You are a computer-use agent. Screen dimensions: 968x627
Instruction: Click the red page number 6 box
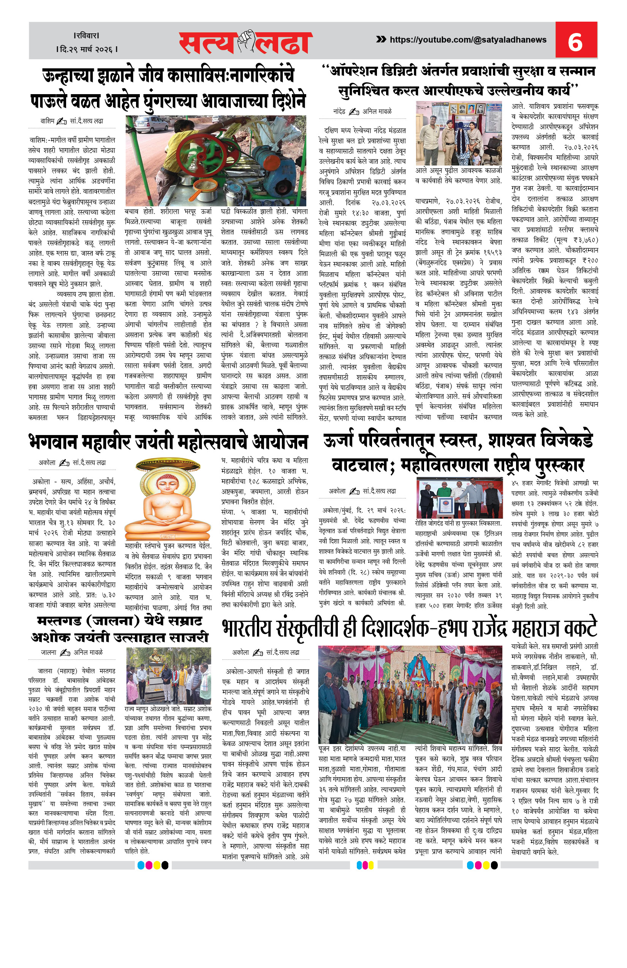click(576, 40)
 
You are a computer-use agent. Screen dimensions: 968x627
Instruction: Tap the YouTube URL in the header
click(468, 39)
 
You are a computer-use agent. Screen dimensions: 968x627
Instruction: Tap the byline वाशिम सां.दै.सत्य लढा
click(72, 121)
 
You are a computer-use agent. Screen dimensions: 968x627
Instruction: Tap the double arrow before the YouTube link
click(381, 39)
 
